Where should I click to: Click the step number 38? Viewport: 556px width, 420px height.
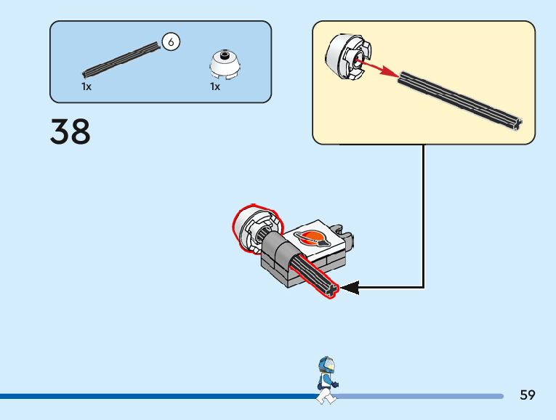point(70,132)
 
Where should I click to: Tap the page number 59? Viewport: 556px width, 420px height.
point(527,395)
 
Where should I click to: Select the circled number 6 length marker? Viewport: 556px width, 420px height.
point(171,42)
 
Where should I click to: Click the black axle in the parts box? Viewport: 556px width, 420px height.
point(121,60)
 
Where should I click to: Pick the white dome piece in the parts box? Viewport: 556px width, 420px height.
point(225,64)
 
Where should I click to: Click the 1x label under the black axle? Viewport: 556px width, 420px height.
point(86,86)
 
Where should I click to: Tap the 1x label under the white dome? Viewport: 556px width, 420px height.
point(215,86)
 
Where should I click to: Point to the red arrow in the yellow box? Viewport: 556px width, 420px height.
point(377,68)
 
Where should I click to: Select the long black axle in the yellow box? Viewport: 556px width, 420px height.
point(460,101)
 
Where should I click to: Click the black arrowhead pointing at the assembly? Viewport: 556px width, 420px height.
point(350,288)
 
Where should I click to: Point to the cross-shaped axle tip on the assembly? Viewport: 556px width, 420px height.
point(332,290)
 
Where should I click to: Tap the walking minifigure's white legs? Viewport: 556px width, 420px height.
point(326,396)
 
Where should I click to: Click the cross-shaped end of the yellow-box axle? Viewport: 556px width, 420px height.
point(517,124)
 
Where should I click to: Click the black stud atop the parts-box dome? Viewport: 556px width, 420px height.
point(224,55)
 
